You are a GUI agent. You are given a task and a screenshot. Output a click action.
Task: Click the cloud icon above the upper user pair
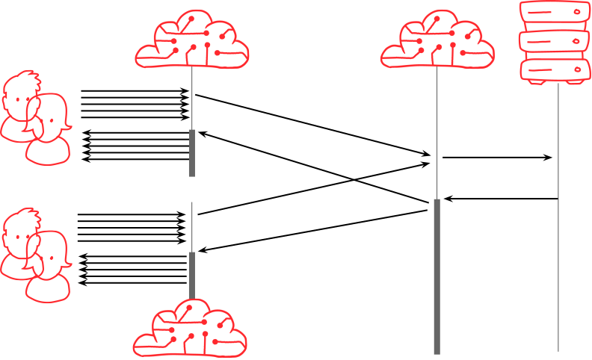click(192, 40)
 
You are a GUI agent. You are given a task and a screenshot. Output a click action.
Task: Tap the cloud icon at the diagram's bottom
click(190, 329)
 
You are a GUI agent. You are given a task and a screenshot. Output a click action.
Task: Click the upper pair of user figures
click(34, 117)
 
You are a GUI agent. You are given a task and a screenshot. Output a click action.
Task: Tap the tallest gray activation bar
click(437, 276)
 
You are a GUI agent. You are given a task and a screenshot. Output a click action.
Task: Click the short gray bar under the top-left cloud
click(191, 152)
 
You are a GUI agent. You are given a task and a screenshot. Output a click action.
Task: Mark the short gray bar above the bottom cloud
click(191, 275)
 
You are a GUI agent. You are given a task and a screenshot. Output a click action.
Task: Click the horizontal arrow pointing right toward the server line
click(497, 158)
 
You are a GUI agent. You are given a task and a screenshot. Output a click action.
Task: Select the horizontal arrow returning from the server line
click(501, 199)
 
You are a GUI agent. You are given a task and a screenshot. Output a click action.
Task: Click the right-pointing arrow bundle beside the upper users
click(135, 104)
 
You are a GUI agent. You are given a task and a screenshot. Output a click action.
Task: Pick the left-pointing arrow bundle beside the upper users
click(135, 146)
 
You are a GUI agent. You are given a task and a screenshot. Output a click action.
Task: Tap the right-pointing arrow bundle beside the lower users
click(131, 227)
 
